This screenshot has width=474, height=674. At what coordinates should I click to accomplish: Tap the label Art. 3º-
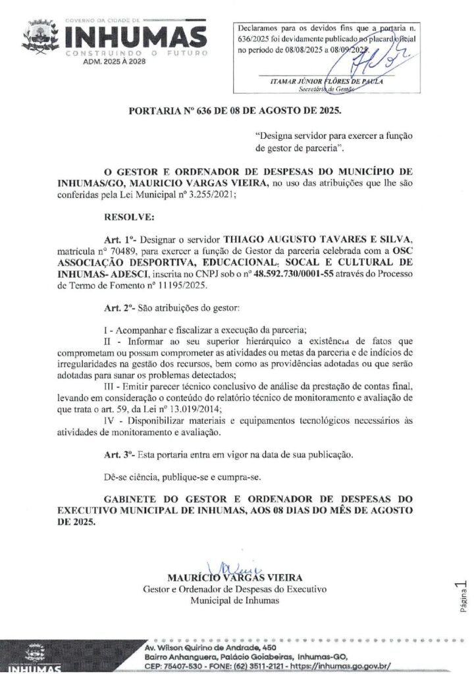(x=122, y=455)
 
